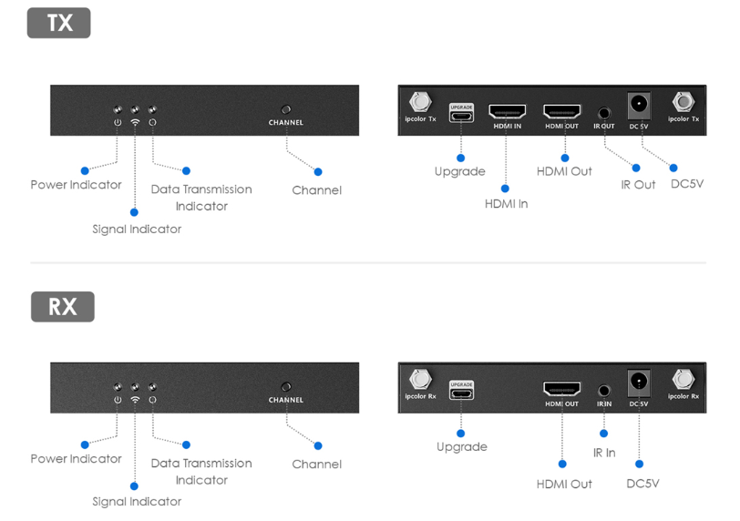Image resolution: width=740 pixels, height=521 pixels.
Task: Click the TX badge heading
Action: pyautogui.click(x=59, y=23)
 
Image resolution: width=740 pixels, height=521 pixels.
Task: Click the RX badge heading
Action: pyautogui.click(x=62, y=306)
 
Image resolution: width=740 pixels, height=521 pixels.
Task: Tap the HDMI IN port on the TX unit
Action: pyautogui.click(x=507, y=111)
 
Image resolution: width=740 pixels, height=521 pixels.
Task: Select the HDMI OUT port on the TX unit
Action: pyautogui.click(x=561, y=111)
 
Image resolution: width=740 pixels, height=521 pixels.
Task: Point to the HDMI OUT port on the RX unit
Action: pyautogui.click(x=561, y=389)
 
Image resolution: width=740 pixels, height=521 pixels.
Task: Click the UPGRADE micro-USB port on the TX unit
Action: pyautogui.click(x=461, y=116)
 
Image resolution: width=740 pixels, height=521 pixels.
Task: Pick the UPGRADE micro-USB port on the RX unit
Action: pyautogui.click(x=461, y=393)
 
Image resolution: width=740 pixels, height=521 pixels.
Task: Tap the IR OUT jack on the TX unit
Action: pyautogui.click(x=603, y=113)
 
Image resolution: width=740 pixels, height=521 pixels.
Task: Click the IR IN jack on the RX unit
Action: pyautogui.click(x=603, y=390)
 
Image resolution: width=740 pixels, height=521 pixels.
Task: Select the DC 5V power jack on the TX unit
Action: pyautogui.click(x=639, y=105)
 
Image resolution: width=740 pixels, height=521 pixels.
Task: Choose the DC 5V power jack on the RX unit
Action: pyautogui.click(x=639, y=382)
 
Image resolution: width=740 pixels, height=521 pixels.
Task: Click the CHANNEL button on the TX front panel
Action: pyautogui.click(x=286, y=108)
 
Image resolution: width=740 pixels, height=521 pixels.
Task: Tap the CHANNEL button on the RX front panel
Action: pyautogui.click(x=286, y=386)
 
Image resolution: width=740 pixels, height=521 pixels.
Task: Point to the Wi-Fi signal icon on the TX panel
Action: pyautogui.click(x=135, y=122)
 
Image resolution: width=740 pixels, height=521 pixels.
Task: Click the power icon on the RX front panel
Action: pyautogui.click(x=118, y=400)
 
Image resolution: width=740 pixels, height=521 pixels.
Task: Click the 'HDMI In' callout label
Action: pyautogui.click(x=506, y=204)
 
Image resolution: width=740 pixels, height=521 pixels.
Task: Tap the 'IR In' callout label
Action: pyautogui.click(x=602, y=453)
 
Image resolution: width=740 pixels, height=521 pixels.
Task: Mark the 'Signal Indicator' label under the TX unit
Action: pyautogui.click(x=137, y=230)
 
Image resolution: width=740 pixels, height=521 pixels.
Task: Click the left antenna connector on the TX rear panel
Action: pyautogui.click(x=421, y=101)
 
